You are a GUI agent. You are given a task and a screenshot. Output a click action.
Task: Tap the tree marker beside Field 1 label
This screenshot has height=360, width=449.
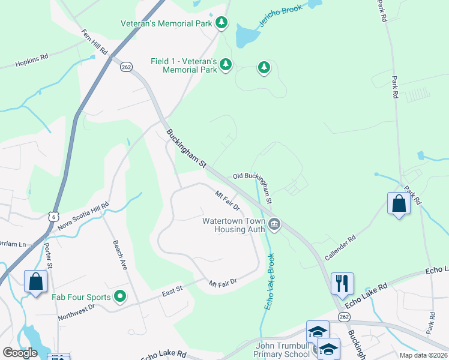[225, 64]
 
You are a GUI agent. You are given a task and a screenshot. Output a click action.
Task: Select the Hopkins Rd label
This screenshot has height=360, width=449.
[32, 59]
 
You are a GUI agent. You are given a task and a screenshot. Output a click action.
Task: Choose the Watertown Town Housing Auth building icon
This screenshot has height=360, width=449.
[274, 225]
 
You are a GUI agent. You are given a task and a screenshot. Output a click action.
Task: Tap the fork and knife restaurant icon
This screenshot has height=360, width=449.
[342, 283]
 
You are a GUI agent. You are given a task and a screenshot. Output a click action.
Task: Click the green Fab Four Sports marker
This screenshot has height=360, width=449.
[120, 296]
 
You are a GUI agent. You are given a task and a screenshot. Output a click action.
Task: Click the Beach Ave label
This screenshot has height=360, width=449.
[120, 255]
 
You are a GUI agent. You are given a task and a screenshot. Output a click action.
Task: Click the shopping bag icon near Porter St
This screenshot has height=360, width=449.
[36, 281]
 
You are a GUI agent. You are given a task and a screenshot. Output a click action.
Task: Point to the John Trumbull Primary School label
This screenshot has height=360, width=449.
[282, 350]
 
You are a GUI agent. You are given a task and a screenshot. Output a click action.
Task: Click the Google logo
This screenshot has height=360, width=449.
[20, 353]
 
